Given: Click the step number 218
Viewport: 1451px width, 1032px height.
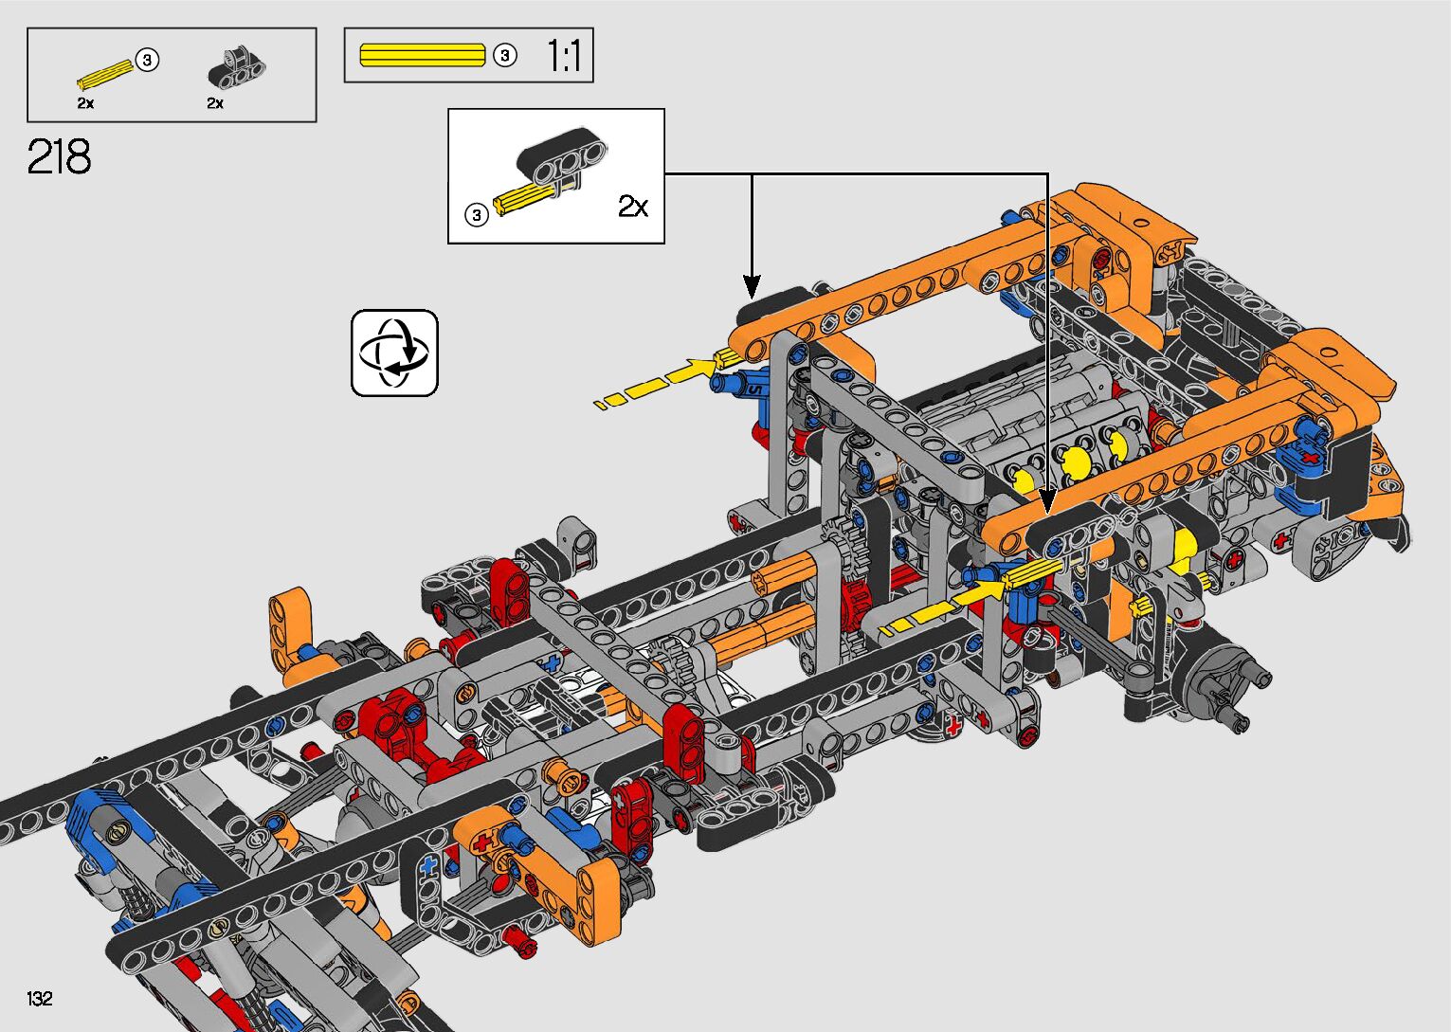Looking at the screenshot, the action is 59,156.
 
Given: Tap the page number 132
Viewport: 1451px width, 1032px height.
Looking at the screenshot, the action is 40,998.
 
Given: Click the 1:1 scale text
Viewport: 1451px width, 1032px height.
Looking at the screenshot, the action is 564,55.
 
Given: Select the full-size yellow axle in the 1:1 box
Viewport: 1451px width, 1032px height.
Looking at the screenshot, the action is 423,55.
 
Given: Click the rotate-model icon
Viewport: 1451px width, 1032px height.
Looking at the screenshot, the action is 394,353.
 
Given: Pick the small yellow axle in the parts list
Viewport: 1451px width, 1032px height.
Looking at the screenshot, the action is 106,75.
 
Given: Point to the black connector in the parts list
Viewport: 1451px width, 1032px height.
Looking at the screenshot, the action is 236,68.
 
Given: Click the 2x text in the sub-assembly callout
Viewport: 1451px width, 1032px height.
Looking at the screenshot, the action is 632,207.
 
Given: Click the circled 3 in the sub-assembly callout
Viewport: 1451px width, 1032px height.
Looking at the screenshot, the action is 477,214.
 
